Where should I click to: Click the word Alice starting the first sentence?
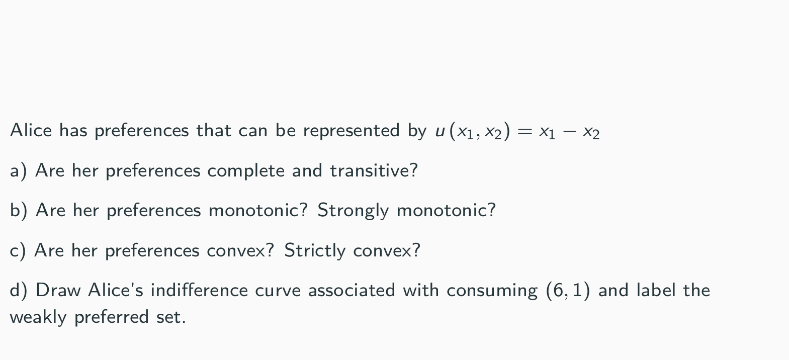point(31,131)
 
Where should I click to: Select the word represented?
point(351,131)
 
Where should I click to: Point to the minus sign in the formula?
point(569,132)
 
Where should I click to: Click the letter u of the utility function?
point(440,132)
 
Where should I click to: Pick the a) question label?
point(18,171)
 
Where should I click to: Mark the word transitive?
point(374,171)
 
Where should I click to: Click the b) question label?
point(19,210)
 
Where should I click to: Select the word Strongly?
point(353,210)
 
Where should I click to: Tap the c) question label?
point(18,250)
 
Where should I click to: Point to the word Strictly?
point(315,250)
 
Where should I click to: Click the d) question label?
point(19,291)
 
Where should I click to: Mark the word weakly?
point(38,317)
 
